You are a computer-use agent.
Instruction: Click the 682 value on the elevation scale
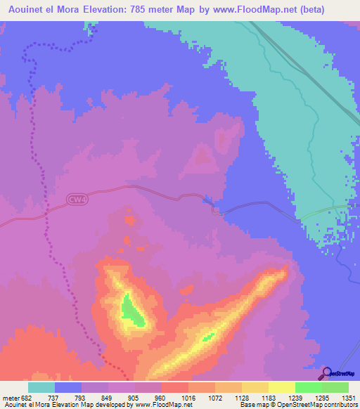point(25,397)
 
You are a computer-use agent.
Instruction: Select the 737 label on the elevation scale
point(53,397)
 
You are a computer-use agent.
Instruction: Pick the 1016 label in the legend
point(188,397)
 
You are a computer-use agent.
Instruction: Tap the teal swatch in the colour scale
point(41,387)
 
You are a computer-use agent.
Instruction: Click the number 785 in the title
point(162,8)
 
